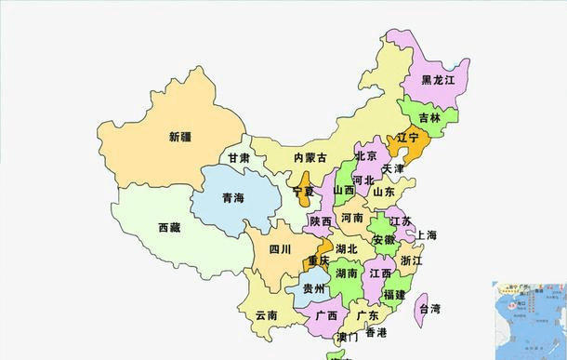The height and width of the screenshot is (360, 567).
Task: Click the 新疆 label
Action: [180, 137]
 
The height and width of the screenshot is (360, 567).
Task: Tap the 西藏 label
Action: [169, 227]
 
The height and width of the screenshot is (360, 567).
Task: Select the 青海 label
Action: [232, 198]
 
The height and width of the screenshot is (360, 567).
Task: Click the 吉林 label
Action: [429, 118]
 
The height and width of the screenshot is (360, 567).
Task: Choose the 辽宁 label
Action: [408, 138]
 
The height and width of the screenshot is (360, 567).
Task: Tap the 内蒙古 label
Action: [310, 158]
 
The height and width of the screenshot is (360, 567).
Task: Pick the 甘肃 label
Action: [240, 158]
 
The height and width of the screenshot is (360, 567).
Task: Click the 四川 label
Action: [280, 249]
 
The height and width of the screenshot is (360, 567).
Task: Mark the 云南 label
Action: [266, 315]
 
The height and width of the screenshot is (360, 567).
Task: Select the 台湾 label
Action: [429, 308]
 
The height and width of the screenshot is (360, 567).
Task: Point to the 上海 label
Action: [428, 234]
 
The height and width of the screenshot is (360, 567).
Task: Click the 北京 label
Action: [366, 155]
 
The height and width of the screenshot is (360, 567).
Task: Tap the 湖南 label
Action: [348, 274]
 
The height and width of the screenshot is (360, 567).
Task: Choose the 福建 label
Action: [394, 295]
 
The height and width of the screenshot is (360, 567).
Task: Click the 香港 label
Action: [376, 332]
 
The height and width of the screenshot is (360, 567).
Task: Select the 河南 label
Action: [352, 218]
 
